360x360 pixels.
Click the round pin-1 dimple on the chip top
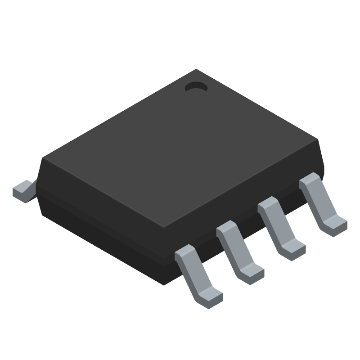pyautogui.click(x=196, y=86)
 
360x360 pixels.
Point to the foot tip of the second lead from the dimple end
pyautogui.click(x=293, y=249)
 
